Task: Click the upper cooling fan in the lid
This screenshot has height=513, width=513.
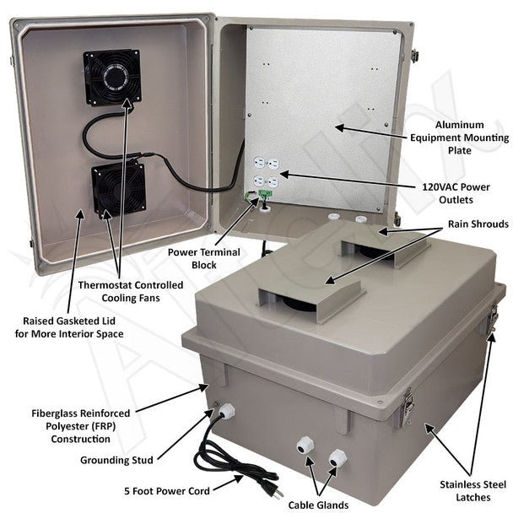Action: pos(111,78)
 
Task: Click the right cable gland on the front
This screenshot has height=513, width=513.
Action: pos(337,458)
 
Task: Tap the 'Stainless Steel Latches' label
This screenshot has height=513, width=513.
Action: pos(467,490)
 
